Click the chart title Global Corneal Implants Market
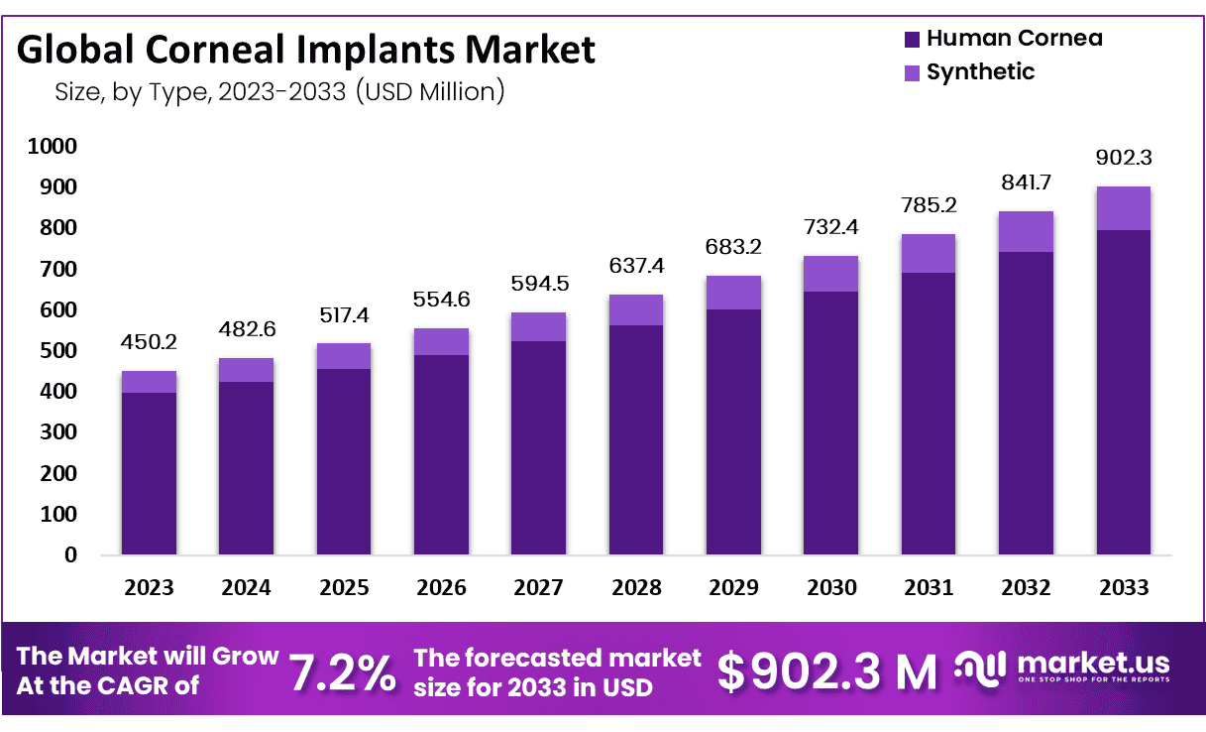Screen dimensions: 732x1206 (306, 49)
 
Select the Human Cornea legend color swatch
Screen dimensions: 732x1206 (913, 40)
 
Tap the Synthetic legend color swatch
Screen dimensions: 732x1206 (913, 72)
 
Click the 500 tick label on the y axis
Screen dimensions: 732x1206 (56, 351)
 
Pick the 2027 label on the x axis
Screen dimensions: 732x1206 (538, 587)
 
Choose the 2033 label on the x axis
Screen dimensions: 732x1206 (1123, 587)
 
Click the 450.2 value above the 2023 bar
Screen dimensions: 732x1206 (149, 341)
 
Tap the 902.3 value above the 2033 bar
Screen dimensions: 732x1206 (1123, 157)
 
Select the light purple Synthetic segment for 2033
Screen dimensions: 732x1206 (1123, 208)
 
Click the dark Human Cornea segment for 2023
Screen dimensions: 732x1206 (149, 473)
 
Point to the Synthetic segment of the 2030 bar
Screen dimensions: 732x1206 (830, 274)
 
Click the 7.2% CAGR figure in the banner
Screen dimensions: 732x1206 (342, 672)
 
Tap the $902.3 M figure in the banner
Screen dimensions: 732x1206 (826, 672)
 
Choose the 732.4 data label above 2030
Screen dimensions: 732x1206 (830, 227)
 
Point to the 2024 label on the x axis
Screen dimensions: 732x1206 (246, 587)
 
